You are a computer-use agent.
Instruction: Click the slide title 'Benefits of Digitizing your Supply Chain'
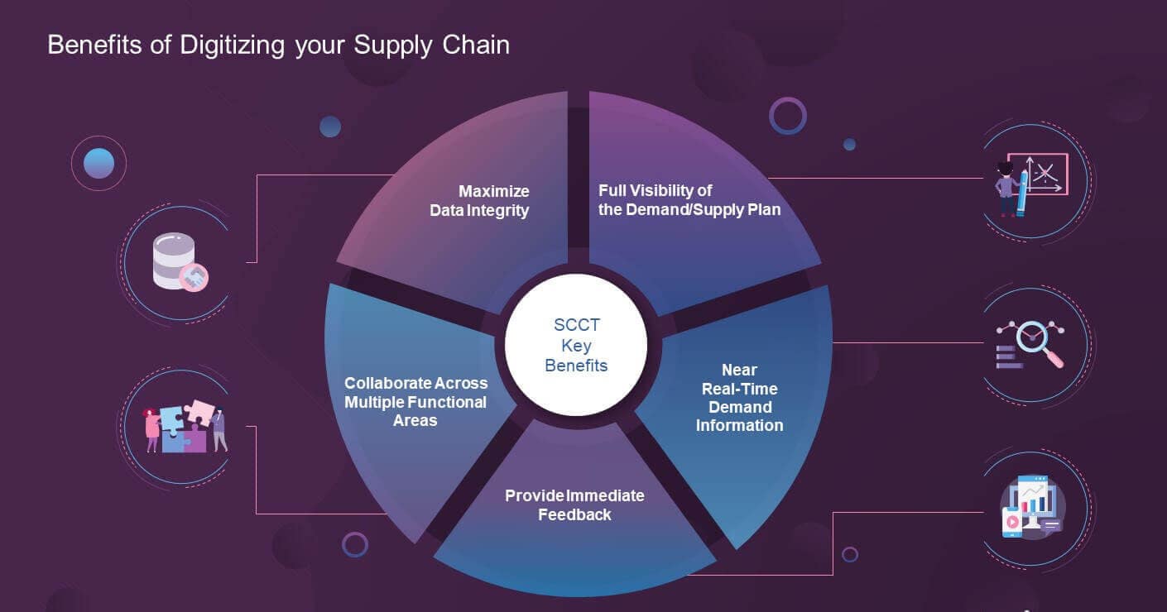click(278, 45)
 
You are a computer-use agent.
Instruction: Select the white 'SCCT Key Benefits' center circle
click(576, 346)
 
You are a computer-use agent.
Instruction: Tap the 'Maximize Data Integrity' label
click(480, 201)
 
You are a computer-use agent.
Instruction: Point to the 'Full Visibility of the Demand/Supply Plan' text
click(689, 200)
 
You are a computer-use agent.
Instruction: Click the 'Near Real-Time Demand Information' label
click(739, 397)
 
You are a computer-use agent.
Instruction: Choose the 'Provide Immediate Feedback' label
click(574, 504)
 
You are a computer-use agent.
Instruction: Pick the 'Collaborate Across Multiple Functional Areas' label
click(415, 401)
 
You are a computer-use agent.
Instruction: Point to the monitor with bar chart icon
click(1031, 506)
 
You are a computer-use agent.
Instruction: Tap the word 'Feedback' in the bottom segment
click(574, 514)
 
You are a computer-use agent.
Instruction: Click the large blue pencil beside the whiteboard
click(1020, 193)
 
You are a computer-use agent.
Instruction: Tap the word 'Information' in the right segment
click(739, 425)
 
